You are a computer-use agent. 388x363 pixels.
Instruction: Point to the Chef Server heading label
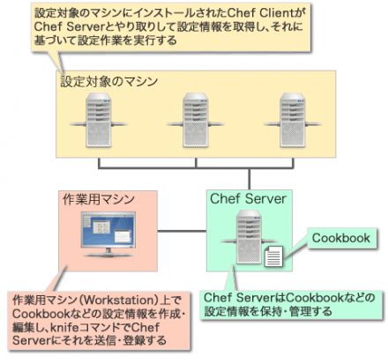pos(249,197)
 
